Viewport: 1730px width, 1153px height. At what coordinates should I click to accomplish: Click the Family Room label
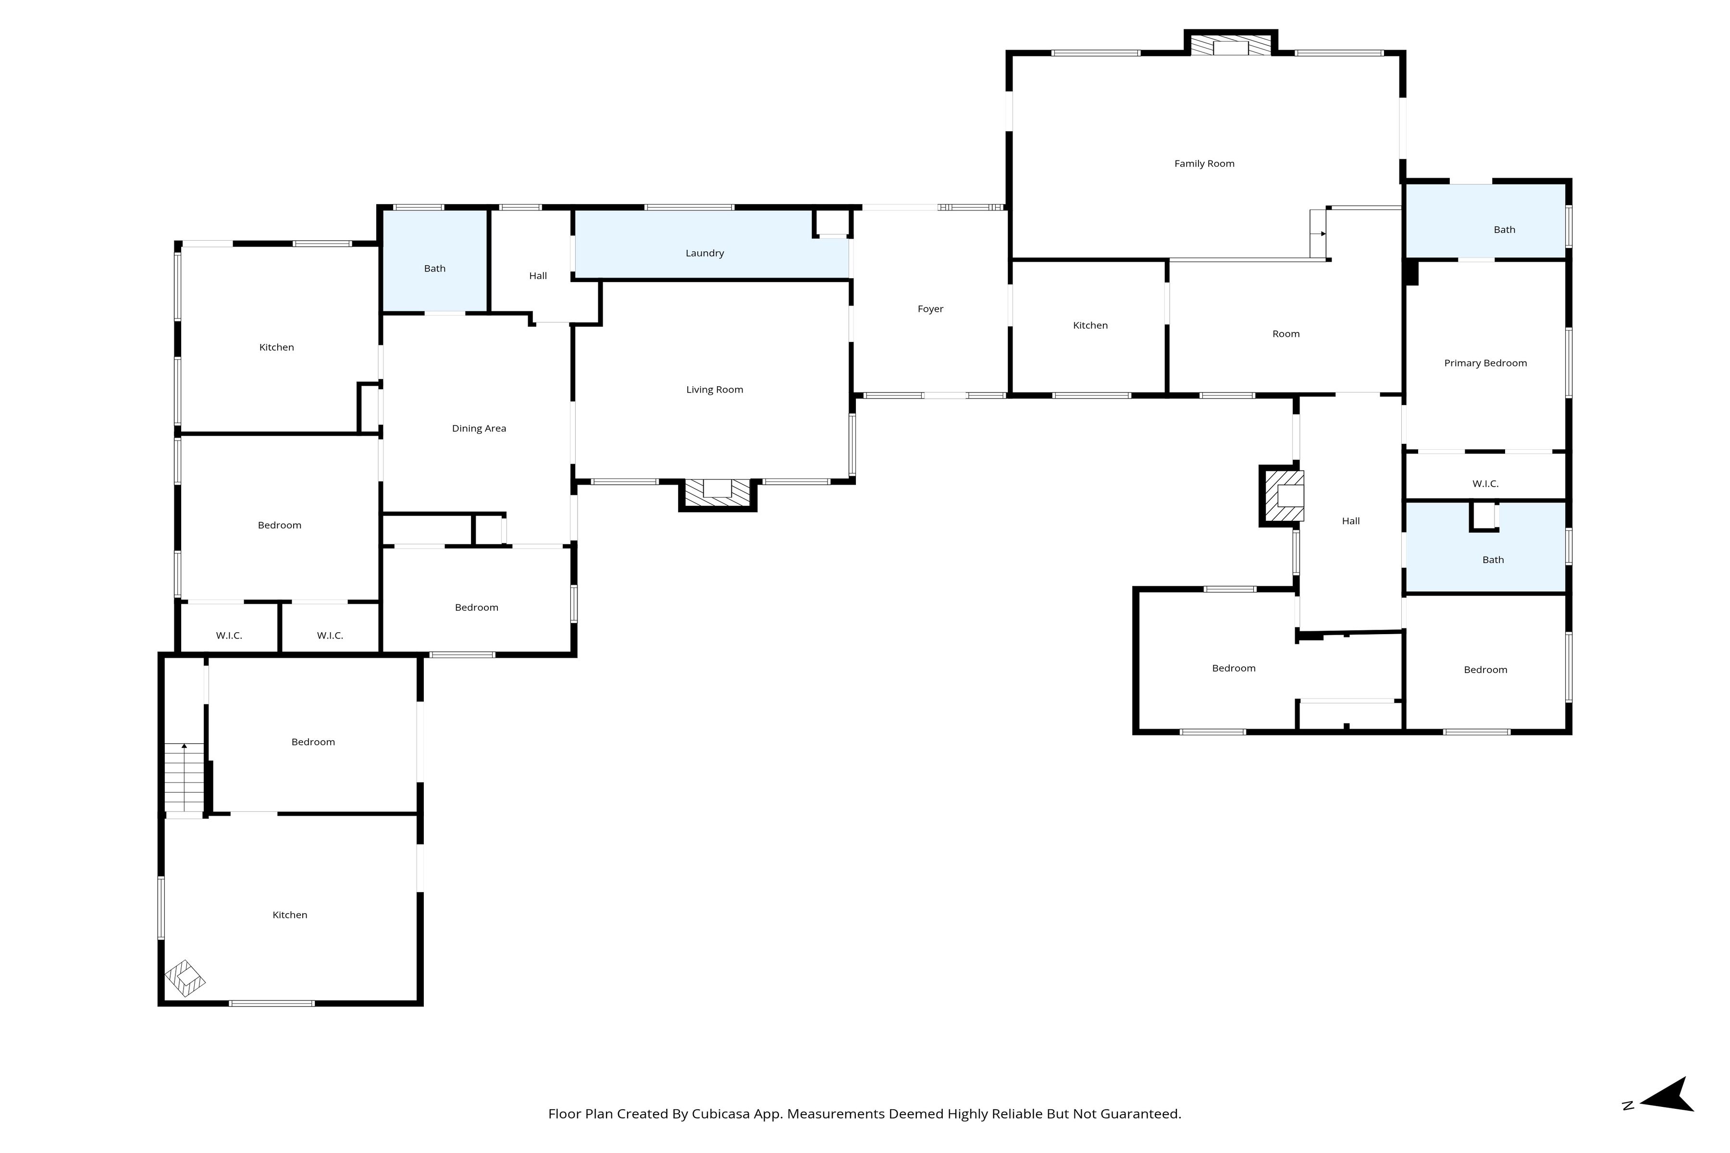tap(1204, 164)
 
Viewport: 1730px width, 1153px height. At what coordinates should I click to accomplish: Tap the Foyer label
tap(930, 309)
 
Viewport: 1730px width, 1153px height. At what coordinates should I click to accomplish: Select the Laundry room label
tap(704, 253)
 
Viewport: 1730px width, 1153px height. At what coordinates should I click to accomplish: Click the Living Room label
tap(714, 390)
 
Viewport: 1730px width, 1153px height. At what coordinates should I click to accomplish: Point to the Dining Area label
tap(479, 429)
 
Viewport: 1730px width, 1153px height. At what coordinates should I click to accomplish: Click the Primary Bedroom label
tap(1485, 363)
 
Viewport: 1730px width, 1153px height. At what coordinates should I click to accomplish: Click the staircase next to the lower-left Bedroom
tap(184, 776)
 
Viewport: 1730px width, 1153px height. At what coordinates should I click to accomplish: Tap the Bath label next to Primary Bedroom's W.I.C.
tap(1493, 560)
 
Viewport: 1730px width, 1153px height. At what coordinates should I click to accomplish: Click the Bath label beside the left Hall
tap(435, 269)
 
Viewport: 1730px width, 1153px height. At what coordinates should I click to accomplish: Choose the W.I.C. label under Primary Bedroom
tap(1485, 484)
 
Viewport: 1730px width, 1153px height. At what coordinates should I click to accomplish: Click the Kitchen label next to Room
tap(1090, 326)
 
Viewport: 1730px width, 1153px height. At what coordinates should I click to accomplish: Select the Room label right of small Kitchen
tap(1286, 334)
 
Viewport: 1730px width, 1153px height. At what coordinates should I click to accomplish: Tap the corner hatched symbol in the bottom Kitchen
tap(185, 979)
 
